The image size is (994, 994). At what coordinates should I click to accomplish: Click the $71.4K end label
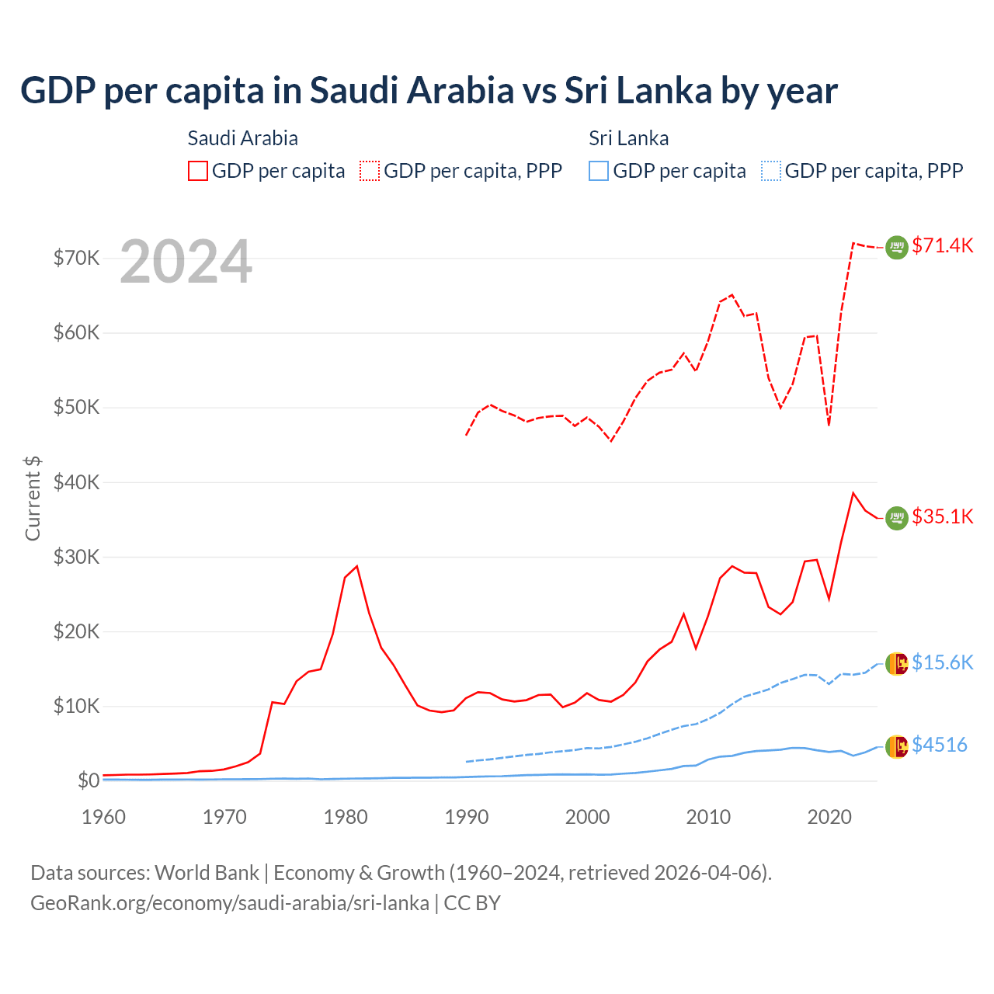point(942,246)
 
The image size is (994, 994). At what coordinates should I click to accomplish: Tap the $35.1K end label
point(942,517)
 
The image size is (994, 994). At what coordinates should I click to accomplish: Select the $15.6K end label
point(942,662)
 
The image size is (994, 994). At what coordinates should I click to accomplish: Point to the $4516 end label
point(940,745)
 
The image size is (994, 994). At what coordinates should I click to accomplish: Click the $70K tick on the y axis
point(76,258)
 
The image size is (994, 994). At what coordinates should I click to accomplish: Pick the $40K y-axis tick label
point(76,482)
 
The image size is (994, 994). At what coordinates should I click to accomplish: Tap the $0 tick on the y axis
point(89,781)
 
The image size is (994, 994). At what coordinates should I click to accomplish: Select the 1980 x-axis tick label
point(346,817)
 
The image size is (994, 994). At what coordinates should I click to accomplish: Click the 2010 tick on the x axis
point(708,817)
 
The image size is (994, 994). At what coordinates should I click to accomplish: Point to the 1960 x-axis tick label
point(104,817)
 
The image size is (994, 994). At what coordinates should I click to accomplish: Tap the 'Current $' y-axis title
point(33,499)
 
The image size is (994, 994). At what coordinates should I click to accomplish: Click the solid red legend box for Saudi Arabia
point(198,171)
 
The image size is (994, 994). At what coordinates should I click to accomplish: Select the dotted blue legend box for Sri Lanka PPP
point(771,171)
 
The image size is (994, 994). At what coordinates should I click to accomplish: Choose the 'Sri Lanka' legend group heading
point(628,139)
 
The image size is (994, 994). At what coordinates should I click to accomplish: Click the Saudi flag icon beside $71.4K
point(897,247)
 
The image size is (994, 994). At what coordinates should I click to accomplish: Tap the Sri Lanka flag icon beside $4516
point(897,746)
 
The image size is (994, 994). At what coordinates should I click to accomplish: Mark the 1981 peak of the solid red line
point(356,566)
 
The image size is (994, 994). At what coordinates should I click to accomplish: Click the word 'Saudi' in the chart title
point(358,91)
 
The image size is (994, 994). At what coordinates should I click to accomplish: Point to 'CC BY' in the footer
point(472,903)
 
